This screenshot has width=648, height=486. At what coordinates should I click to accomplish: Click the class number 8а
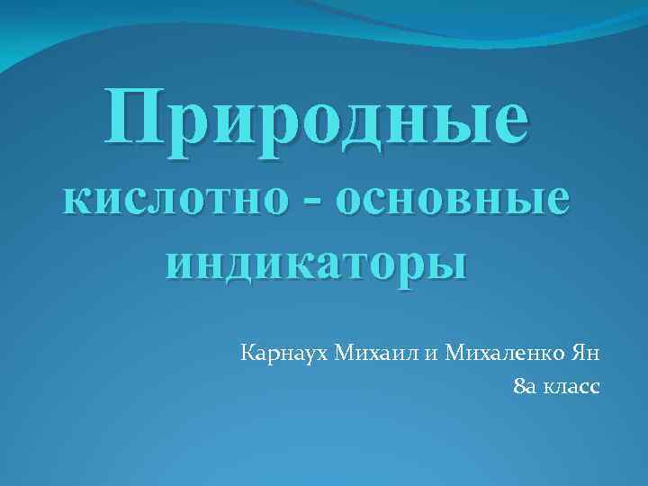click(x=522, y=386)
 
